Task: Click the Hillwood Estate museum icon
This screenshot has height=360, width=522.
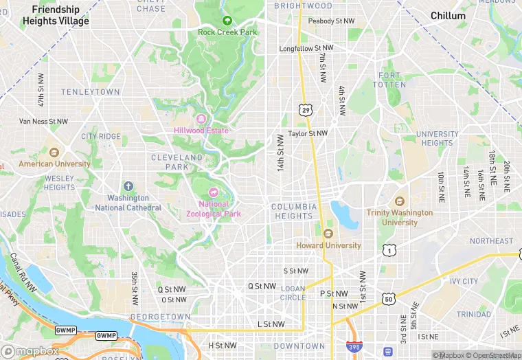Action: click(x=201, y=120)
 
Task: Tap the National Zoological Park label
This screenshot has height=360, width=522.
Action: click(x=214, y=209)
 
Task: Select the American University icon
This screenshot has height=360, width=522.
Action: click(x=54, y=153)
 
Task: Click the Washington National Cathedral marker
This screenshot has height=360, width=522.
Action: click(x=128, y=187)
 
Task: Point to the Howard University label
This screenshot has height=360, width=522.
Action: click(x=328, y=245)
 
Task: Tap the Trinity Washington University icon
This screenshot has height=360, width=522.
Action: click(x=400, y=201)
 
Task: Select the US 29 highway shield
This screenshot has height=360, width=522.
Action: click(x=305, y=109)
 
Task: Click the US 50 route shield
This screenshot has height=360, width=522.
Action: click(x=389, y=299)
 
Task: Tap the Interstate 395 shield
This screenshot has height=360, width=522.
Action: click(x=354, y=348)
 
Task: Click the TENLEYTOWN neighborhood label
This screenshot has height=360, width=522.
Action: click(x=90, y=91)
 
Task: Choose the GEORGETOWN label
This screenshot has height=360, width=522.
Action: click(x=160, y=317)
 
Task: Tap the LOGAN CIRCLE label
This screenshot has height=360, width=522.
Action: click(x=293, y=293)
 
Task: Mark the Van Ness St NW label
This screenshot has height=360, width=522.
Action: click(x=43, y=122)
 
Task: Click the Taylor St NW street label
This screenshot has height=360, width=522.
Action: click(x=308, y=133)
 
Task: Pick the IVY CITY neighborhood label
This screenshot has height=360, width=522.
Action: click(x=464, y=282)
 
